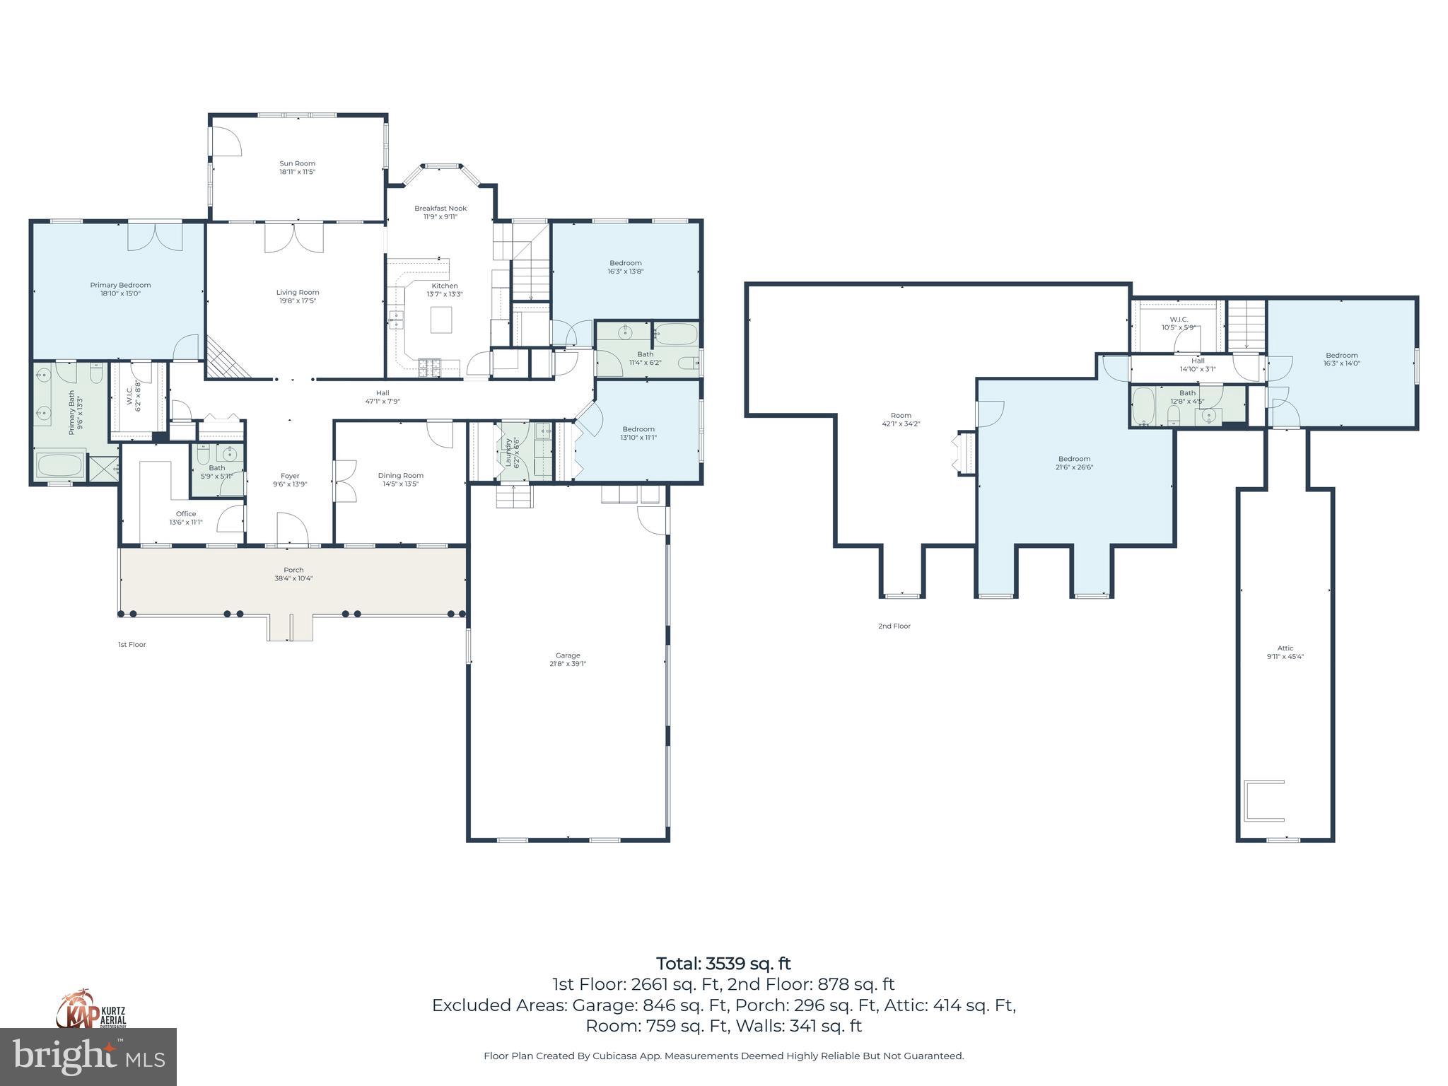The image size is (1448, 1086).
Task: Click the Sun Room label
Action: pyautogui.click(x=297, y=163)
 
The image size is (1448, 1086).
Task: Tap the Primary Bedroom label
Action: pyautogui.click(x=120, y=285)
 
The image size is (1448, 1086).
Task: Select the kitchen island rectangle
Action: pyautogui.click(x=441, y=319)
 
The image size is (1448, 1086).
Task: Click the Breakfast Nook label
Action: pyautogui.click(x=440, y=208)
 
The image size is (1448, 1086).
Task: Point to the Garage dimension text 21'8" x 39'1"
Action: pyautogui.click(x=568, y=664)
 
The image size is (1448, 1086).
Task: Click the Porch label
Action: pyautogui.click(x=293, y=570)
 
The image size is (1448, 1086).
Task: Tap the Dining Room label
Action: pyautogui.click(x=400, y=475)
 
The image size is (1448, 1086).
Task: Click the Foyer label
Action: pyautogui.click(x=290, y=476)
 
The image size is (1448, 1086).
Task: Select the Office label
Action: pyautogui.click(x=186, y=514)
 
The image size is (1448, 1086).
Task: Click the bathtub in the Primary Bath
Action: pyautogui.click(x=60, y=466)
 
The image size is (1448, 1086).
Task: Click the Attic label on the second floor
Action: pyautogui.click(x=1285, y=648)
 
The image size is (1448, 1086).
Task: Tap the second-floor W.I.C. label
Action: pyautogui.click(x=1179, y=320)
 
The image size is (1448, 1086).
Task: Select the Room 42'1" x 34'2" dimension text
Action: pyautogui.click(x=901, y=424)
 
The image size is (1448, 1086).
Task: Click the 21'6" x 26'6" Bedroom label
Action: pyautogui.click(x=1074, y=459)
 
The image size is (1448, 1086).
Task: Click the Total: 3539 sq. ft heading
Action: pyautogui.click(x=723, y=964)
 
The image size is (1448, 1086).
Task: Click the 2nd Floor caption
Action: pyautogui.click(x=894, y=626)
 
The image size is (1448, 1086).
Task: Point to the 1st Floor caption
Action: pyautogui.click(x=132, y=645)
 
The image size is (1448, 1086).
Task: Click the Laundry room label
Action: pyautogui.click(x=508, y=451)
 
